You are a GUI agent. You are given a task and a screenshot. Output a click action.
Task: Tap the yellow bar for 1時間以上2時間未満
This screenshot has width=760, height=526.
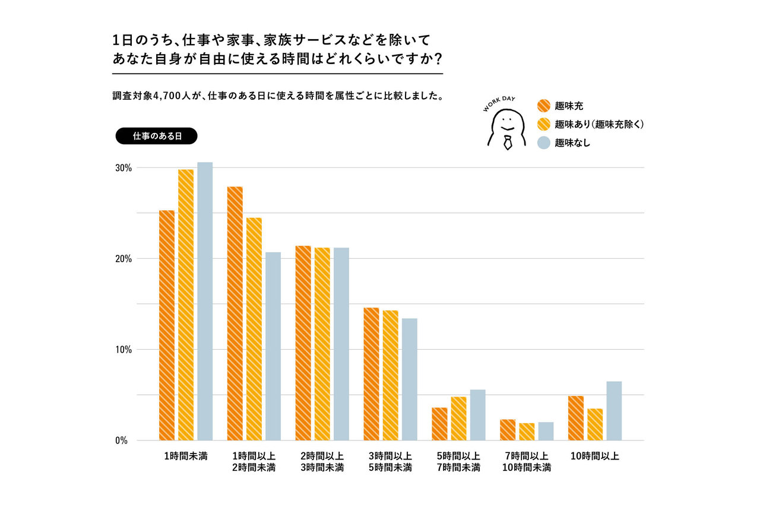pos(254,329)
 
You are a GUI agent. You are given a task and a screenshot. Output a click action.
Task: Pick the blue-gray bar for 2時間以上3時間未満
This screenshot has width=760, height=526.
pos(341,344)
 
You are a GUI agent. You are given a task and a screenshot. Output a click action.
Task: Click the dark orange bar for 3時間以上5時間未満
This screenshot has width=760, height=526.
pos(371,374)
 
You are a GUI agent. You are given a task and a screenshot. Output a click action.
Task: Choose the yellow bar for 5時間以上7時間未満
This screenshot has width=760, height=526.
pos(458,419)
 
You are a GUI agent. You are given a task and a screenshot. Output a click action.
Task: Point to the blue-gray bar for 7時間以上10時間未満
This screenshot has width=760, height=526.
pos(546,431)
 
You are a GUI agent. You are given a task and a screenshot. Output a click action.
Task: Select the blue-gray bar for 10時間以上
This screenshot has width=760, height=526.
pos(614,411)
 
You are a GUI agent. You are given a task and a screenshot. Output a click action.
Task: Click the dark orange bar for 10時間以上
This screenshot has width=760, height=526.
pos(576,418)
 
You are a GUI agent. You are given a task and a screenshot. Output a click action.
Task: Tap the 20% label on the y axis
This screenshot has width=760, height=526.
pos(123,259)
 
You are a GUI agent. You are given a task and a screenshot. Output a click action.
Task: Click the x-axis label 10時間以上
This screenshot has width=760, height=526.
pos(595,457)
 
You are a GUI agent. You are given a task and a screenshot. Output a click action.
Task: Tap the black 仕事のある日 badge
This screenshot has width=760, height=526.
pos(156,136)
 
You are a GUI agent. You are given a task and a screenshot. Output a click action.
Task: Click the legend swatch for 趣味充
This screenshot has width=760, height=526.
pos(544,106)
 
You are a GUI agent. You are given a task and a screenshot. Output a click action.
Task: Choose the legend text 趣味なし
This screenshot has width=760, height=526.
pos(572,142)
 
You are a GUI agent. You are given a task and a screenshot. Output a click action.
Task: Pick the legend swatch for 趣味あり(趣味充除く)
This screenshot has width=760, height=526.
pos(544,124)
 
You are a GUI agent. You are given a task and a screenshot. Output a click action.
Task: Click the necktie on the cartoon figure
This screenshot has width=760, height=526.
pos(507,142)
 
